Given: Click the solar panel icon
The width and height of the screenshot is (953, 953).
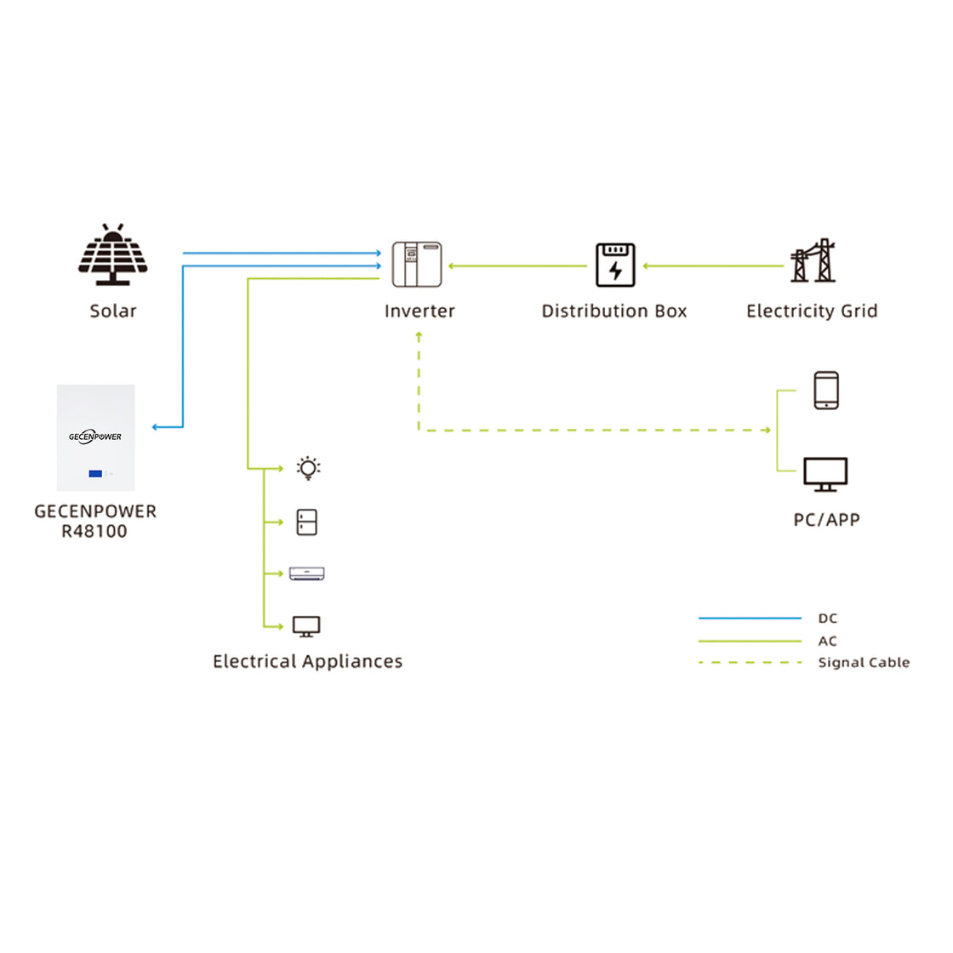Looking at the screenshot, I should [x=113, y=255].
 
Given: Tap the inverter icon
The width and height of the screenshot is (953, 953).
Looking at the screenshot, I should [x=417, y=264].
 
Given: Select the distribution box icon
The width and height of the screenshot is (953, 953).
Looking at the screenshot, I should [x=615, y=265].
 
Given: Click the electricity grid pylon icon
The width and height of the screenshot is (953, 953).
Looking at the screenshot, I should [x=813, y=261].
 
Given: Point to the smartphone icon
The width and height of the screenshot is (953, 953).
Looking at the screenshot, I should [x=826, y=391].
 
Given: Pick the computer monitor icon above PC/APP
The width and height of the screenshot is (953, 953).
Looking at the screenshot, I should [x=825, y=474].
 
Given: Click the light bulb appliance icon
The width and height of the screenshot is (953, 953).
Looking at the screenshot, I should [x=308, y=468].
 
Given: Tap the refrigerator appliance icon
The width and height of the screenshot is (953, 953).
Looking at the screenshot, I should [x=307, y=522].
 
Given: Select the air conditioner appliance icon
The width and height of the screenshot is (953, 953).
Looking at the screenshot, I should [x=307, y=574].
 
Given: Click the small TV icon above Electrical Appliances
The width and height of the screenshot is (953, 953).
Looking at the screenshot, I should [x=306, y=627].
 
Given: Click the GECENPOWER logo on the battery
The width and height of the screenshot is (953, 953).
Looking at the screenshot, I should [x=95, y=437].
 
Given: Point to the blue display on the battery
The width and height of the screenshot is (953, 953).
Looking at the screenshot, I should [x=95, y=473].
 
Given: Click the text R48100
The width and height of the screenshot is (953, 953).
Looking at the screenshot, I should [x=94, y=532].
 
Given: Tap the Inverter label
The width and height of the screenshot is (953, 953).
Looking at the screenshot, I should [x=419, y=311].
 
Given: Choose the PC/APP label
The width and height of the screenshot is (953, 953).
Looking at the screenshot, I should [x=826, y=520].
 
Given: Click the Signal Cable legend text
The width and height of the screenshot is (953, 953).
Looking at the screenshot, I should [x=864, y=663].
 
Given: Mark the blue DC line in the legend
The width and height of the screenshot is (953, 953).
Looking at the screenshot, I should [x=750, y=619].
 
